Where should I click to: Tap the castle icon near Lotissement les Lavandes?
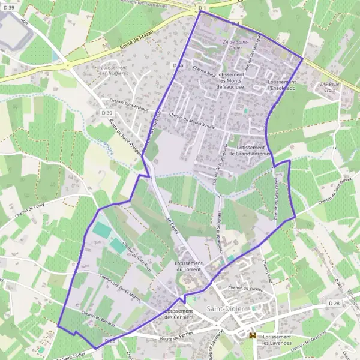[253, 336]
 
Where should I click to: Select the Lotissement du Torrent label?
[190, 266]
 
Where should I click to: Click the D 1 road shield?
[202, 8]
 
